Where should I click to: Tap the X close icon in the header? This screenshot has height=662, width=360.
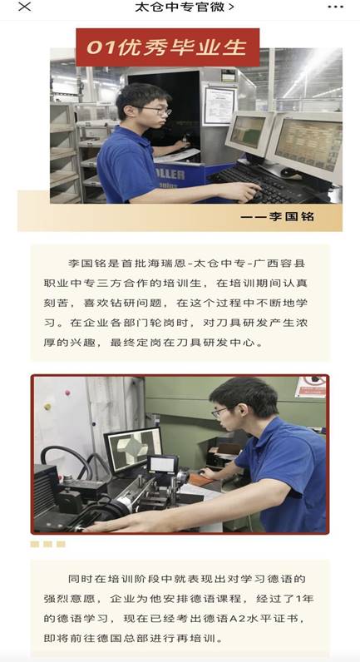click(25, 7)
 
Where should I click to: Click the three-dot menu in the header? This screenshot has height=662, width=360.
click(336, 7)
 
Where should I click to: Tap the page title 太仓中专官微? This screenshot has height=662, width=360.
click(180, 7)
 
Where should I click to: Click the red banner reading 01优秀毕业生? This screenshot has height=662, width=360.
click(168, 47)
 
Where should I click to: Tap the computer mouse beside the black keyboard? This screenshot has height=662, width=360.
click(289, 171)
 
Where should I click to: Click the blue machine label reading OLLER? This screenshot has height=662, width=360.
click(170, 174)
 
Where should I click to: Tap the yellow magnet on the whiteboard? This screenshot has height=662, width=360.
click(47, 406)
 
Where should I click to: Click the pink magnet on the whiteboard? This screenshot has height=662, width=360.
click(67, 393)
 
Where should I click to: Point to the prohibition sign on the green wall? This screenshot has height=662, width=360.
click(310, 387)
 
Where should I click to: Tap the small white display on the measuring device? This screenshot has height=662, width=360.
click(162, 464)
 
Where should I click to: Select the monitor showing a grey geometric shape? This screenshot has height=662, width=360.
click(133, 450)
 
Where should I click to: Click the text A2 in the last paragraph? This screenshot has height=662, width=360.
click(237, 619)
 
